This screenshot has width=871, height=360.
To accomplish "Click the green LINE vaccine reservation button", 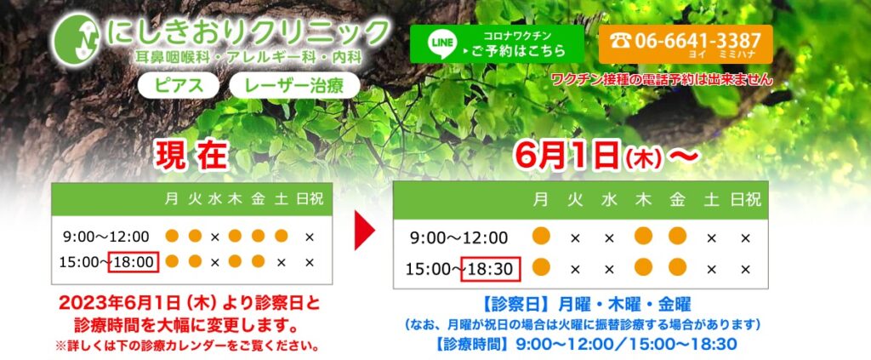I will [x=497, y=43].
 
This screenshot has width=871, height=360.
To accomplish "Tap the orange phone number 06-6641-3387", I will [x=685, y=43].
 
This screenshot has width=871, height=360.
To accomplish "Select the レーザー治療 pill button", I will [x=293, y=86].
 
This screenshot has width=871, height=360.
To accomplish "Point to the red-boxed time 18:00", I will [x=134, y=261].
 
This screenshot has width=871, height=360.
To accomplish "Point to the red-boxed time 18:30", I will [x=489, y=269].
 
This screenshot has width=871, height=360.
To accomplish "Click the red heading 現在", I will [x=191, y=156].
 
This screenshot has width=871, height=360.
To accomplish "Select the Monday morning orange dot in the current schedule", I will [x=173, y=236].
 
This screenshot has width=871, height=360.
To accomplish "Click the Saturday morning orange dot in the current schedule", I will [x=282, y=236].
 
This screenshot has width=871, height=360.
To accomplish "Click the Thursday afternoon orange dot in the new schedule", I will [x=643, y=269].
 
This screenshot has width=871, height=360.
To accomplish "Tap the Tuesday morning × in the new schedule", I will [x=575, y=237].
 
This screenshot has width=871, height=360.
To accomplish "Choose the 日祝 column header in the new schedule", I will [x=746, y=201].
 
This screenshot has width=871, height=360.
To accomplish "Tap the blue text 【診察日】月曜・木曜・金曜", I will [x=576, y=304].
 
